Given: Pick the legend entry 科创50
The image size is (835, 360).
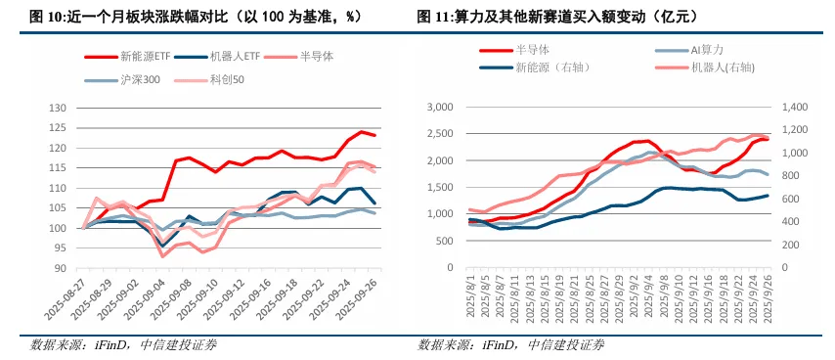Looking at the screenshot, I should pyautogui.click(x=227, y=80).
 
